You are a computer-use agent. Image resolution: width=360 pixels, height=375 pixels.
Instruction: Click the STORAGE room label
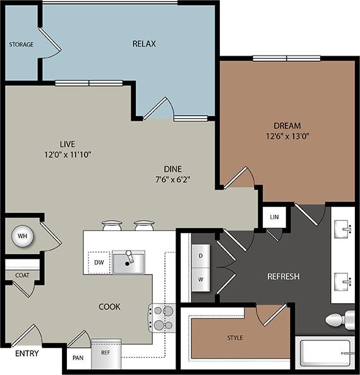coord(21,45)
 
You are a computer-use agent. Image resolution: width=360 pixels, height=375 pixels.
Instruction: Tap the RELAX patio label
coord(144,44)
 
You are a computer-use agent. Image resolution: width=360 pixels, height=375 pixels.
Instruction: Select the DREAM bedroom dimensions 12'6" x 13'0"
coord(287,135)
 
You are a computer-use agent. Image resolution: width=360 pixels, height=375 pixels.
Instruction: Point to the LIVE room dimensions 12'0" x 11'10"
coord(68,154)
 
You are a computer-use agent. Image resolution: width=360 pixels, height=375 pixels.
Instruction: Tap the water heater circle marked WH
coord(21,236)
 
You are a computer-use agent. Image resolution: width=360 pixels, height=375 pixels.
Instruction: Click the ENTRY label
coord(26,353)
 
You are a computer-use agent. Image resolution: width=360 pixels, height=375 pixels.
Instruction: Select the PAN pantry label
coord(77,357)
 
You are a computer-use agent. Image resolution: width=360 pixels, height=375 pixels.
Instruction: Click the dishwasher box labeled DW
coord(99,262)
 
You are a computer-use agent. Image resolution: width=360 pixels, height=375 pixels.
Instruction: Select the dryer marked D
coord(201,255)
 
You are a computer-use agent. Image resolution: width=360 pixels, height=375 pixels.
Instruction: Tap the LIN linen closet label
coord(273,217)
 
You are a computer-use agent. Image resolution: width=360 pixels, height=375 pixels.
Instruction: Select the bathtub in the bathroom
coord(326,354)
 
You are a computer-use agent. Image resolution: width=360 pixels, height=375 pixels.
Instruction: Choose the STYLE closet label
coord(234,338)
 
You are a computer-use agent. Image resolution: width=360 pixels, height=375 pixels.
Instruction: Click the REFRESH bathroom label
coord(283,277)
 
